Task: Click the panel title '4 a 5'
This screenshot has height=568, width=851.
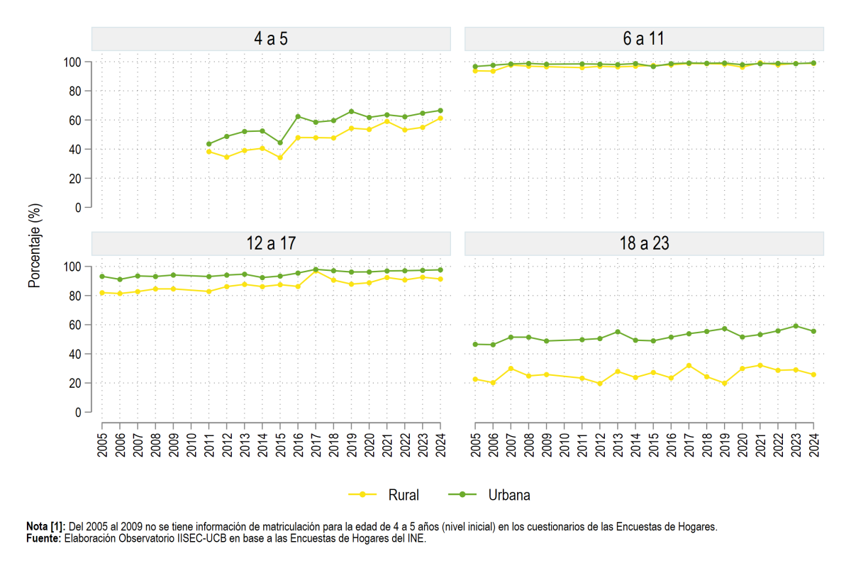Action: click(271, 39)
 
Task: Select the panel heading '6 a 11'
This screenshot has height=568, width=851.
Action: click(644, 39)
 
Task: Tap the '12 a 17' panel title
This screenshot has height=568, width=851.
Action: click(271, 243)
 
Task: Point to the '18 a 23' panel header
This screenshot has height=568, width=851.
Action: click(644, 243)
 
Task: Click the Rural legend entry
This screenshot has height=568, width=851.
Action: click(384, 495)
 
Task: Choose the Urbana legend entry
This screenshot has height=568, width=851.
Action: click(489, 495)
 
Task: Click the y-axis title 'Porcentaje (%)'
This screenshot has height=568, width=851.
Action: click(34, 245)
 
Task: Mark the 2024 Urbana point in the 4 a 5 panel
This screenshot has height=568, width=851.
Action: click(440, 111)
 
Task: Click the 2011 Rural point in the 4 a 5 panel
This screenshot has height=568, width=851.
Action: click(208, 152)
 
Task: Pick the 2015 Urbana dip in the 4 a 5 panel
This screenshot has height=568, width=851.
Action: click(280, 143)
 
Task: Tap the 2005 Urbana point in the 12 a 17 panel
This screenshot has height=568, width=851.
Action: click(102, 277)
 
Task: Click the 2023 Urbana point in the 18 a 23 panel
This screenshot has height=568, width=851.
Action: click(796, 326)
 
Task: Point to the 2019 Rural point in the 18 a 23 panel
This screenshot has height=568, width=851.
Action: click(724, 384)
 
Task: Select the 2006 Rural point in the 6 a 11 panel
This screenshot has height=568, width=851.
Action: click(493, 71)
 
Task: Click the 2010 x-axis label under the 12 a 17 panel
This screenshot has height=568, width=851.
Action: click(191, 445)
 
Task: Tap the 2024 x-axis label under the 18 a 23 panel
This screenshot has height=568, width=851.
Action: click(814, 445)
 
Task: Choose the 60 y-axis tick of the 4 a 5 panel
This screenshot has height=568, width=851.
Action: click(75, 121)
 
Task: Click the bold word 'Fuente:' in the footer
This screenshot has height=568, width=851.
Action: click(44, 538)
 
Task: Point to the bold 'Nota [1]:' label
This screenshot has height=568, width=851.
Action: click(46, 527)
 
